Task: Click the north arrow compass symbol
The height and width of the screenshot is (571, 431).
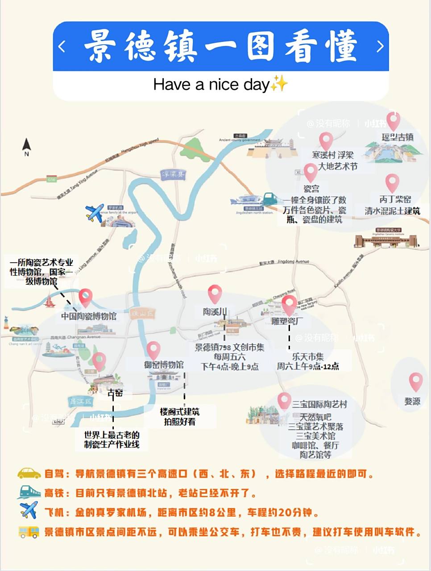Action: [x=26, y=146]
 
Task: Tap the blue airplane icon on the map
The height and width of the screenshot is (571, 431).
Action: [x=95, y=213]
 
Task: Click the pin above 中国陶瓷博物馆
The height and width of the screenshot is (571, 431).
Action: [x=85, y=297]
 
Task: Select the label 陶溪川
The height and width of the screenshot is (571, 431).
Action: [x=215, y=311]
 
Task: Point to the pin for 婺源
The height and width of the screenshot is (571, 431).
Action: [x=415, y=382]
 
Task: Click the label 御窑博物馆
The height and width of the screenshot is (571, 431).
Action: [x=164, y=364]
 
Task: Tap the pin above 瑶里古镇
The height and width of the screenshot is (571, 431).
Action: [x=393, y=120]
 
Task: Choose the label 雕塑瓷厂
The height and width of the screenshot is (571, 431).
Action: [x=287, y=321]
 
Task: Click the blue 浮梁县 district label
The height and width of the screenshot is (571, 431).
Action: [x=173, y=174]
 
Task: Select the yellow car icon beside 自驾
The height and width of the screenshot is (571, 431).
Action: [x=29, y=473]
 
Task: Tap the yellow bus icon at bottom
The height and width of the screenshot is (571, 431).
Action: [x=29, y=532]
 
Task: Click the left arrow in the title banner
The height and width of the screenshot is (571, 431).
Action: [x=62, y=46]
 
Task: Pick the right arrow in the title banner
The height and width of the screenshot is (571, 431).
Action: [x=380, y=46]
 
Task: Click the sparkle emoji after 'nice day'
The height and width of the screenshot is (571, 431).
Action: [x=279, y=83]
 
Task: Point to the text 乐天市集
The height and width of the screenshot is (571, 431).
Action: [x=308, y=356]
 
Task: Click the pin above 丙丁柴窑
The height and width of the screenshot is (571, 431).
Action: [x=392, y=183]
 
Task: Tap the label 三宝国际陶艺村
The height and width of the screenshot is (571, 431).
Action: [x=319, y=404]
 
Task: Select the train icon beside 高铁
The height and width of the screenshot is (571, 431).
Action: [x=29, y=492]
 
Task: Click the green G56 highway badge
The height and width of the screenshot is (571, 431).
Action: [x=51, y=179]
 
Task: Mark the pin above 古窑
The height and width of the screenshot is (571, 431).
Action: [x=99, y=361]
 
